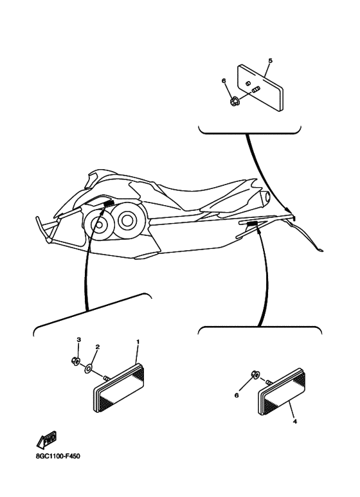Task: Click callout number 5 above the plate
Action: pyautogui.click(x=270, y=60)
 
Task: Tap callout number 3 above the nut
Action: pyautogui.click(x=79, y=339)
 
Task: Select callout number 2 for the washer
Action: pyautogui.click(x=98, y=347)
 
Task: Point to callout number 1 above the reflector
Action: pyautogui.click(x=138, y=341)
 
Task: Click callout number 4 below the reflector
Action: pyautogui.click(x=295, y=422)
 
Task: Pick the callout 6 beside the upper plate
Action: pyautogui.click(x=224, y=81)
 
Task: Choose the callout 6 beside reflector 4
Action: pyautogui.click(x=237, y=395)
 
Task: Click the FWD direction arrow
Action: pyautogui.click(x=46, y=440)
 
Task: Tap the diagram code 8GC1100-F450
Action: pyautogui.click(x=58, y=456)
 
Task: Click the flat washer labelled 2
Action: pyautogui.click(x=88, y=368)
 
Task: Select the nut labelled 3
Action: pyautogui.click(x=75, y=361)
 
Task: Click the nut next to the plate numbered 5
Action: pyautogui.click(x=235, y=102)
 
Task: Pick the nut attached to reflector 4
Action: pyautogui.click(x=255, y=374)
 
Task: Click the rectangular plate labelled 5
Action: pyautogui.click(x=260, y=88)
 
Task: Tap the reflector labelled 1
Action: pyautogui.click(x=119, y=388)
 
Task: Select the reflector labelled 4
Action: pyautogui.click(x=282, y=392)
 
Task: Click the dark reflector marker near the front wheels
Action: pyautogui.click(x=109, y=204)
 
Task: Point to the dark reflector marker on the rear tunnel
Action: pyautogui.click(x=252, y=224)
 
